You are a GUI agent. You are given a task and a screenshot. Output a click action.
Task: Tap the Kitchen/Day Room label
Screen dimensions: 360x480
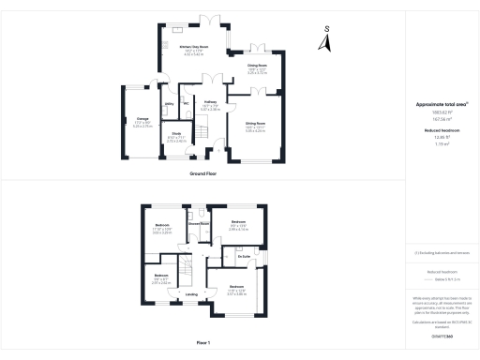[x=195, y=46]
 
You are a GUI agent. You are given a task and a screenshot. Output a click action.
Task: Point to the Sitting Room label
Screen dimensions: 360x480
[x=255, y=123]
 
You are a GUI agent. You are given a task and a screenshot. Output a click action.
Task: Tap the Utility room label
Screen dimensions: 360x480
[x=170, y=103]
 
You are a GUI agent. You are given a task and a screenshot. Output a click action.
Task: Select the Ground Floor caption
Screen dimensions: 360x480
[x=203, y=174]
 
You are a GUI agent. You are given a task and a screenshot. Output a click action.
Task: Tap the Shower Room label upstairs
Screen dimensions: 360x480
[x=198, y=224]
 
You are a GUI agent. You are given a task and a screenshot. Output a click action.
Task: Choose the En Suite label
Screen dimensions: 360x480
[x=244, y=256]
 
